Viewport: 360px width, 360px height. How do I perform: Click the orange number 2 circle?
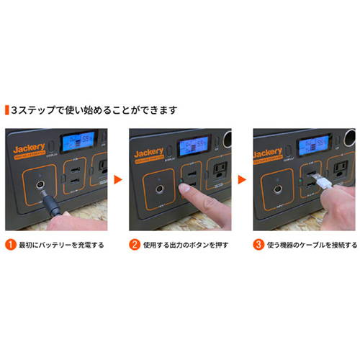pos(134,244)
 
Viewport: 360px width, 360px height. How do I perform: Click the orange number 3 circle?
pos(257,244)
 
